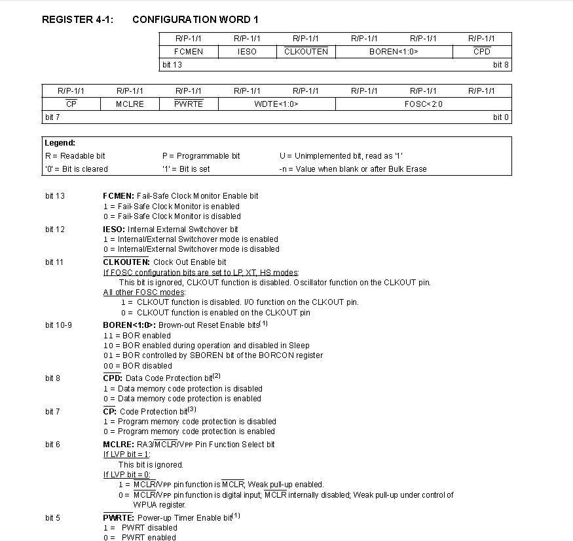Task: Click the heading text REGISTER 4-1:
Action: (x=77, y=20)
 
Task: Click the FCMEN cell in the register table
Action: (x=189, y=52)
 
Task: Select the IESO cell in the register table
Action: (x=247, y=52)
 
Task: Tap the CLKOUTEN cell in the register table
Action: (x=306, y=52)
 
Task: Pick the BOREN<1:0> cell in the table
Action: (x=394, y=52)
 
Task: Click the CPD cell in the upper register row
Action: (x=482, y=52)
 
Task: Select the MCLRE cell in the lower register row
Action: (x=130, y=104)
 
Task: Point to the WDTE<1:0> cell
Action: (x=276, y=104)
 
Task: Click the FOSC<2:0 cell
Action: (x=423, y=104)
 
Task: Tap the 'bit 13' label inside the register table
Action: (x=172, y=65)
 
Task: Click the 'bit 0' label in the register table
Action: (x=501, y=117)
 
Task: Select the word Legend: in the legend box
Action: (x=60, y=143)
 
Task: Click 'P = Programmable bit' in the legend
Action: (x=201, y=156)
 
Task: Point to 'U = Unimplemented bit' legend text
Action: (x=320, y=156)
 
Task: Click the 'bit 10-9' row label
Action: (x=58, y=325)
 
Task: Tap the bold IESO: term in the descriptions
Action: (x=114, y=230)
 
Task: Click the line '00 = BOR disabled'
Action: (x=138, y=366)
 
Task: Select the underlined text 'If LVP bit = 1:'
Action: (x=126, y=454)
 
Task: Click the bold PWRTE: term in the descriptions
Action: (x=119, y=518)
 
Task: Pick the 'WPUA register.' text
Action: (x=160, y=505)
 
